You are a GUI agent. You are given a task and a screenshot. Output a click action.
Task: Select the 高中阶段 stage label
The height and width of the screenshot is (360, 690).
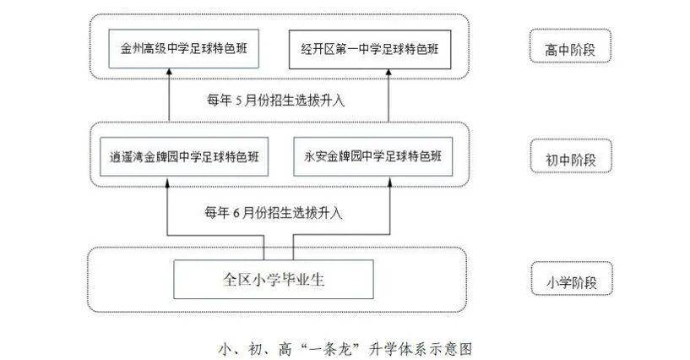[569, 49]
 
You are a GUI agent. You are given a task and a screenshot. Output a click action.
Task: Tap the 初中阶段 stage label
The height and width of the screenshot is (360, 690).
[569, 158]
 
